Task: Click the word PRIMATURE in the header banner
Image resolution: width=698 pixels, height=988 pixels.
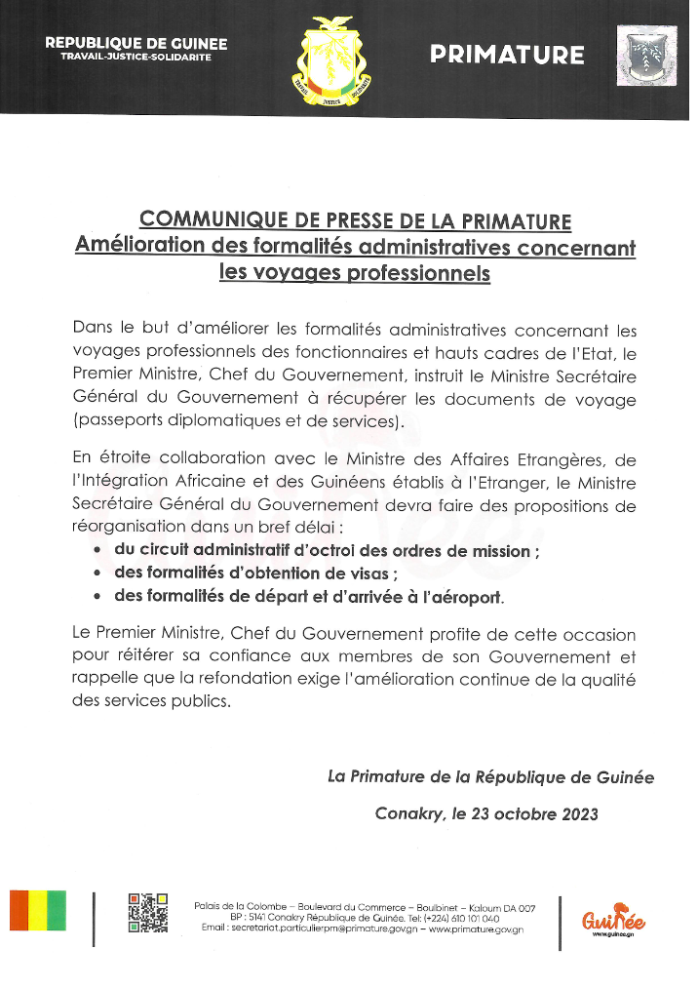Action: (x=507, y=55)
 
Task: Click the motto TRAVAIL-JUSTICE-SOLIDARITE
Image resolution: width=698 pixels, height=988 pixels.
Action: (x=136, y=58)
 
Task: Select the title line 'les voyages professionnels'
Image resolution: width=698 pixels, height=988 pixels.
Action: (x=355, y=273)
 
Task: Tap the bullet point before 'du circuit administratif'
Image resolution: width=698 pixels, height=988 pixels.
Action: (x=97, y=551)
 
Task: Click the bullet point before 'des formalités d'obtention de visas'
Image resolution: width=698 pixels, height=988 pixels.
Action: (x=97, y=573)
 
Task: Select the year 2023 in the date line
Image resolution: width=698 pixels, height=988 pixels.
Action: (x=578, y=813)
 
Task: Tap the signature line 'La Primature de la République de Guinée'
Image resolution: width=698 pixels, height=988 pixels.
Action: (x=490, y=777)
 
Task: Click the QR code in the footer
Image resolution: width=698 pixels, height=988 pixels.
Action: (x=148, y=913)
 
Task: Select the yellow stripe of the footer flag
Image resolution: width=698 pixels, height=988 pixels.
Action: (x=38, y=910)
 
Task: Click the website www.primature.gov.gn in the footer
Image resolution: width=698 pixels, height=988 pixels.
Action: (x=477, y=929)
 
